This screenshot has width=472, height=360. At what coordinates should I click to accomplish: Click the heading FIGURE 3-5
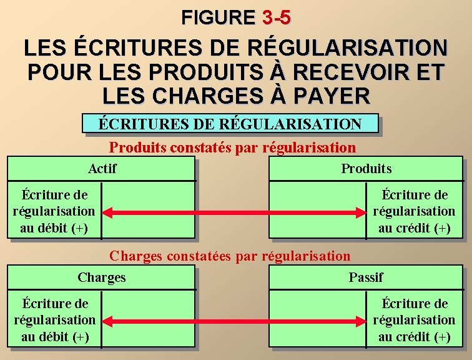point(235,17)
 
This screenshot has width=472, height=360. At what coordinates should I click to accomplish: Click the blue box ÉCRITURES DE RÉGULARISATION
point(230,124)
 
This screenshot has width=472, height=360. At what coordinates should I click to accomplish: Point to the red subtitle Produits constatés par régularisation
point(232,148)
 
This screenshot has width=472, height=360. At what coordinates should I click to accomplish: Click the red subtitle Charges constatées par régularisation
point(230,256)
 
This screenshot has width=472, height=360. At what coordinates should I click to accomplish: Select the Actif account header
point(102,169)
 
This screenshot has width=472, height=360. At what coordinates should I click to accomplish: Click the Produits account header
point(366,169)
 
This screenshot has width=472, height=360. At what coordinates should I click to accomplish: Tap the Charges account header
point(102,277)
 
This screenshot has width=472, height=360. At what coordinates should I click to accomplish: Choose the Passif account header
point(366,277)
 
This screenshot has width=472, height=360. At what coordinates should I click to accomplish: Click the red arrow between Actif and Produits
point(234,212)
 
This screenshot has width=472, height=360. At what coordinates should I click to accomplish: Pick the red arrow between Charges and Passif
point(234,321)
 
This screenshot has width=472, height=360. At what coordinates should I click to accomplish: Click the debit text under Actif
point(54,211)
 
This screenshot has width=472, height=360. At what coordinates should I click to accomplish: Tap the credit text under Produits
point(415,211)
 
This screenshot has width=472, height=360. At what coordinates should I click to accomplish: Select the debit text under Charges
point(54,320)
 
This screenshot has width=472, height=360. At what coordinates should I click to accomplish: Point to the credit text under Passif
point(415,320)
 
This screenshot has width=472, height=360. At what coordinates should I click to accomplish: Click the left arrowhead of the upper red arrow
point(107,212)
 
